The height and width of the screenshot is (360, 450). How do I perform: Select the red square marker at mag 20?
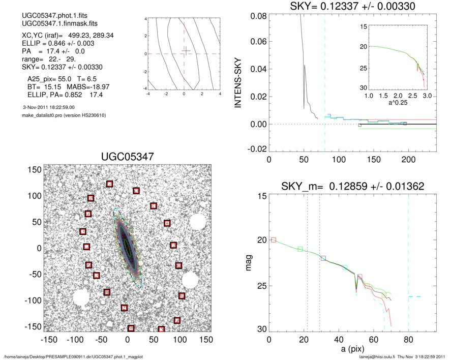click(x=274, y=239)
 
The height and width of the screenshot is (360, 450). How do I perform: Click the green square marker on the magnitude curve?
click(x=300, y=249)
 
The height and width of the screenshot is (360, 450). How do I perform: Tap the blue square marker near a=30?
click(x=323, y=258)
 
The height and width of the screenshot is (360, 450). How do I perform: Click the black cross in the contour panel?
click(x=187, y=50)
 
